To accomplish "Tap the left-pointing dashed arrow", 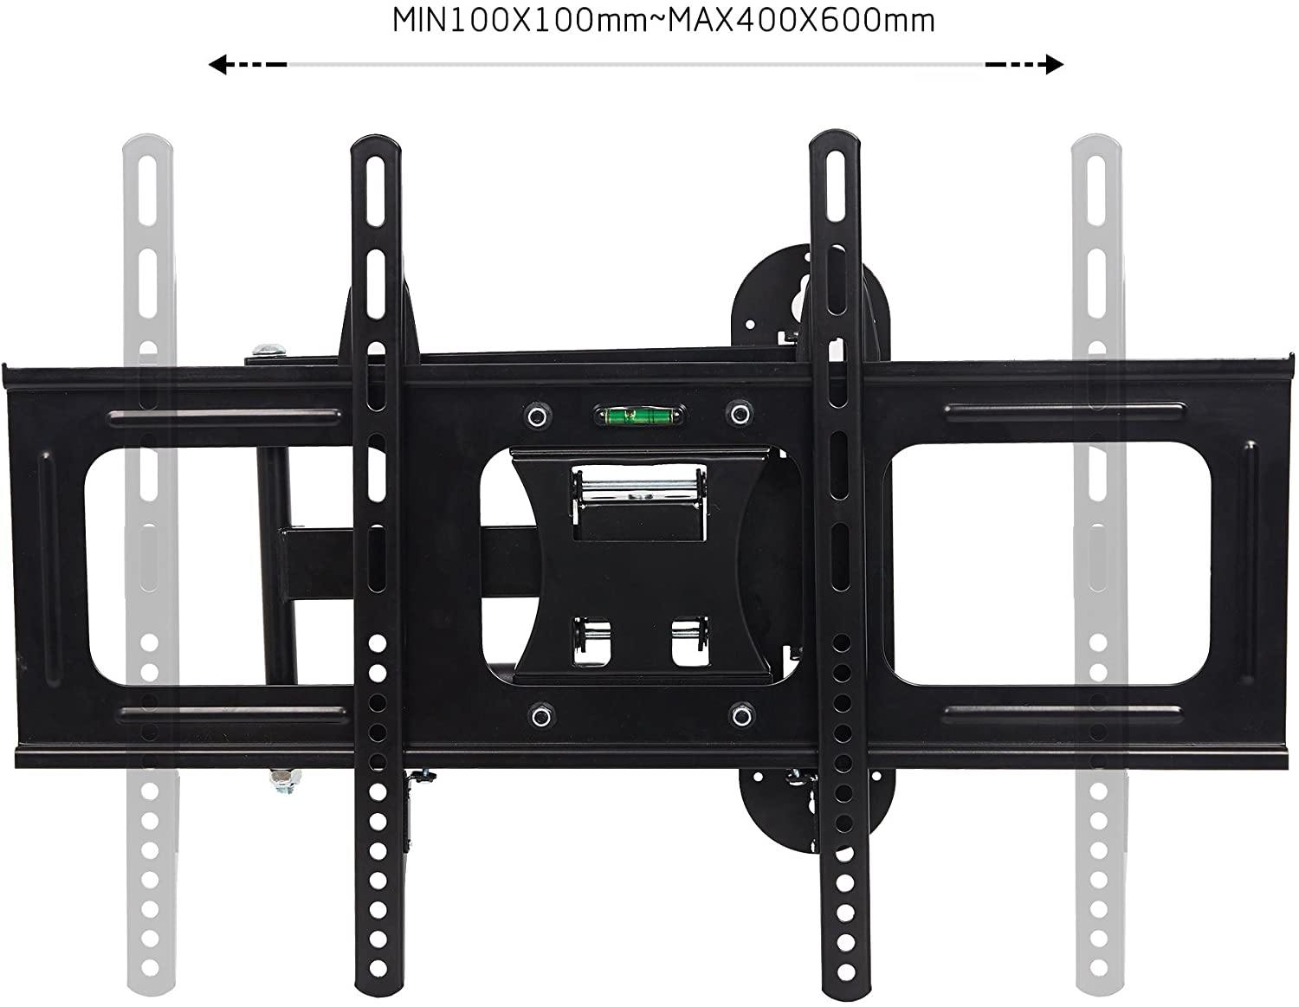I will click(x=247, y=64).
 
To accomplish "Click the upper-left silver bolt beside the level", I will click(x=537, y=416).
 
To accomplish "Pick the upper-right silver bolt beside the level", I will click(x=739, y=414).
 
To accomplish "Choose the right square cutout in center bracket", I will click(x=689, y=641).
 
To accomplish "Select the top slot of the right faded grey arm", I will click(x=1098, y=187).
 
